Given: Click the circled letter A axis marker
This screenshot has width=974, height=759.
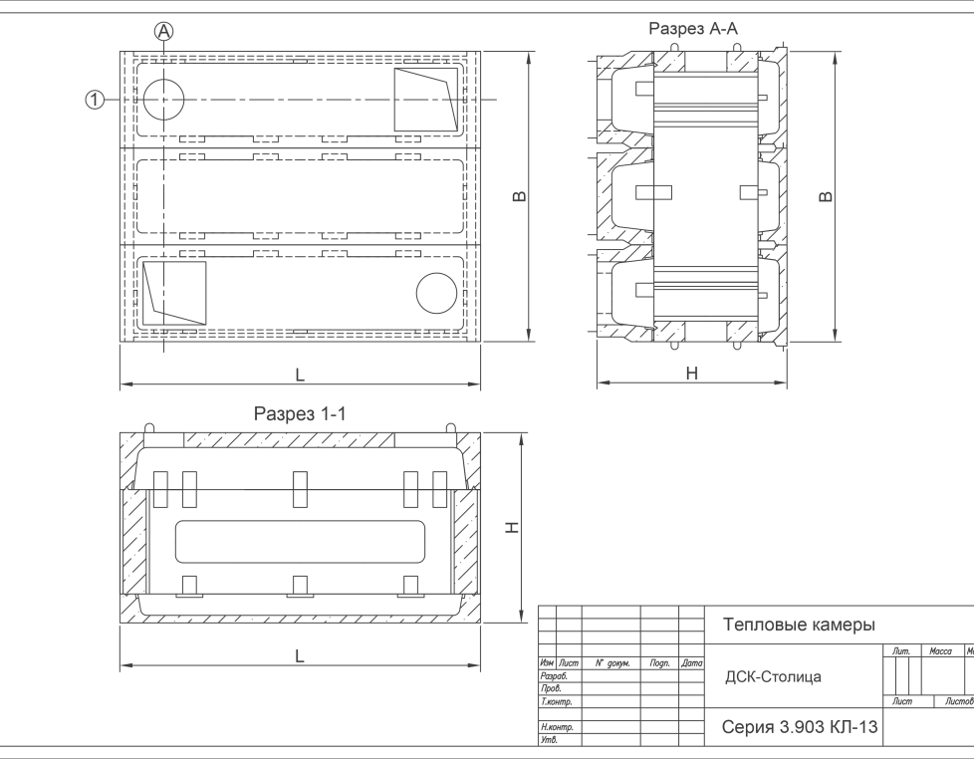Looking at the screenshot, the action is coord(163,31).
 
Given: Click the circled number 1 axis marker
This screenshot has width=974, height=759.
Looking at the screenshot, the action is coord(95,100).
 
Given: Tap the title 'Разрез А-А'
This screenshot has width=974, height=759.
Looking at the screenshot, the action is coord(693,29).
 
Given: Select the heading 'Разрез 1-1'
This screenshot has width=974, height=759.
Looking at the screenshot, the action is coord(300,413).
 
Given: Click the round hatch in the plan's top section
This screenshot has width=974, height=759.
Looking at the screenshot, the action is coord(164,100).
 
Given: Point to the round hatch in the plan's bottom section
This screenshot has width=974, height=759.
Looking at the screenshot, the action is coord(436,293).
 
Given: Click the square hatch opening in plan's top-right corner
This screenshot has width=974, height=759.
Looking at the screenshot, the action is coord(426,100).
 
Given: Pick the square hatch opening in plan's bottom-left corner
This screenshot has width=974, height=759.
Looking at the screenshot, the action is coord(174,293).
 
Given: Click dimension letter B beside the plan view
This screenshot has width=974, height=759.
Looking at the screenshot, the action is coord(519,196).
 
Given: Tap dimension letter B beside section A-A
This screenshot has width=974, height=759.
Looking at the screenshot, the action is coord(825,196).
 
